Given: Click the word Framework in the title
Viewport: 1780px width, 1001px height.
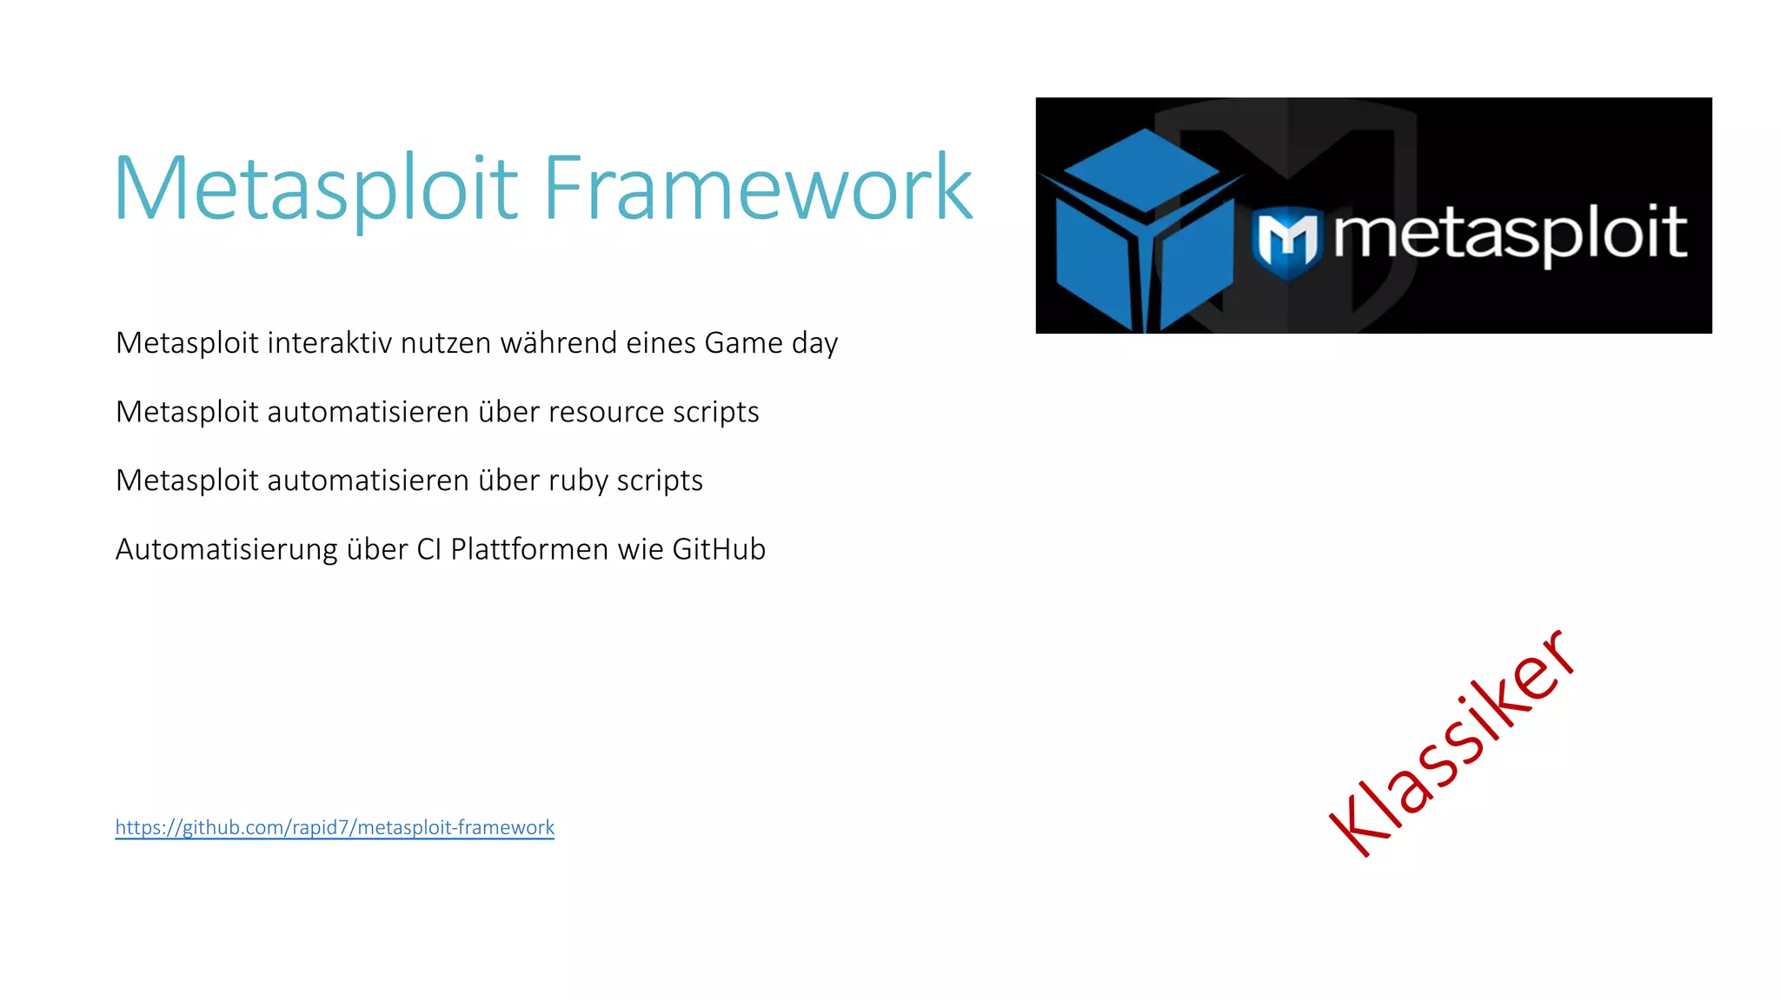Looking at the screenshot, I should tap(758, 189).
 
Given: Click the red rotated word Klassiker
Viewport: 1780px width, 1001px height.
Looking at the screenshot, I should tap(1451, 744).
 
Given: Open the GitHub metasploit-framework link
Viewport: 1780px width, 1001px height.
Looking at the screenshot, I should tap(335, 827).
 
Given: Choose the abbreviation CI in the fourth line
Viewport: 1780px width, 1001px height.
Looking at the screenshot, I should tap(429, 549).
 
